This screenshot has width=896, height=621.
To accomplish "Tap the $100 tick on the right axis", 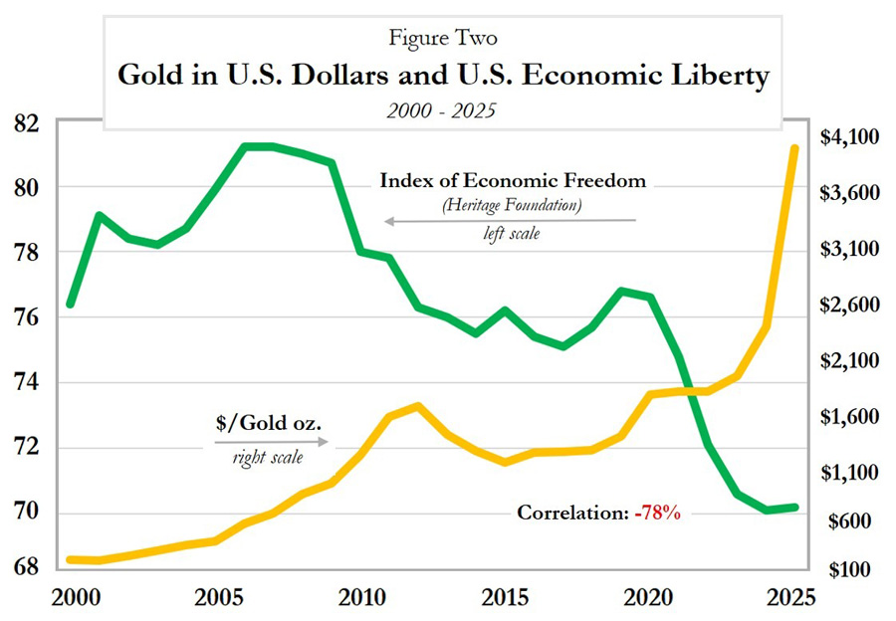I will [x=850, y=570].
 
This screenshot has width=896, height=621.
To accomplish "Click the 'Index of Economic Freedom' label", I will [x=513, y=182].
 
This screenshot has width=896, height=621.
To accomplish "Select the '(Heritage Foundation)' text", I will [x=513, y=205].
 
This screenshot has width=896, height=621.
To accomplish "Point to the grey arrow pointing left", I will [x=508, y=221].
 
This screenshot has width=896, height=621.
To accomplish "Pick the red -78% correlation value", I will [x=660, y=514].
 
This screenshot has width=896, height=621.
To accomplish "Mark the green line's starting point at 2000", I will [x=71, y=303].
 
